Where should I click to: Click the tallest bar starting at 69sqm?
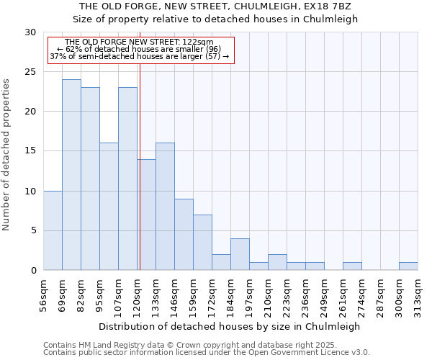click(x=71, y=175)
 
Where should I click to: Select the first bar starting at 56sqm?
click(x=53, y=230)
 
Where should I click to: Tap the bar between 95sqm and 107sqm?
click(x=109, y=207)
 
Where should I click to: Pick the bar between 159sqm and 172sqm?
click(x=202, y=243)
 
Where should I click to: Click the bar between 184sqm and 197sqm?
click(x=240, y=254)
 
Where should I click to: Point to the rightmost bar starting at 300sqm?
click(x=408, y=266)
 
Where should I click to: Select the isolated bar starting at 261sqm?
click(x=352, y=266)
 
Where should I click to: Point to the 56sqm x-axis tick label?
click(x=44, y=296)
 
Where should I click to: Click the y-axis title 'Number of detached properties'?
click(x=6, y=155)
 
